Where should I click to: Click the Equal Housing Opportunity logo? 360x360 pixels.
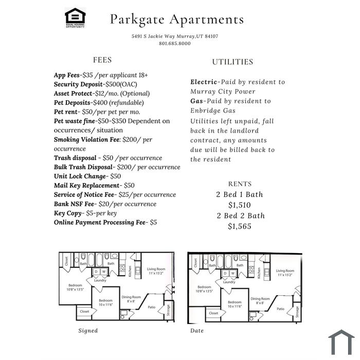[75, 17]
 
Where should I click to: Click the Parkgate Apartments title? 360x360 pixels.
[177, 20]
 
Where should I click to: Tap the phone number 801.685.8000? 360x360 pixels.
[175, 43]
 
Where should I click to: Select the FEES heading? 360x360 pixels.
[102, 60]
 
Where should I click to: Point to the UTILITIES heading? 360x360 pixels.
[232, 62]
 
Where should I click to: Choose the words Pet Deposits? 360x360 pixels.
[72, 103]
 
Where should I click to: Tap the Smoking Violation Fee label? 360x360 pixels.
[86, 139]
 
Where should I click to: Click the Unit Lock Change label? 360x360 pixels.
[80, 176]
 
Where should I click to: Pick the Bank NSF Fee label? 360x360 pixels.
[74, 204]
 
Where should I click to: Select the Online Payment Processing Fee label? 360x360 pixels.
[100, 223]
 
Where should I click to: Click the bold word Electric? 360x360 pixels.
[204, 82]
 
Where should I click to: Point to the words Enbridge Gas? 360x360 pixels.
[213, 111]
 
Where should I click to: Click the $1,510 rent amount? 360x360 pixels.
[240, 205]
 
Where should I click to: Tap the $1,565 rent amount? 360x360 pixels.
[240, 226]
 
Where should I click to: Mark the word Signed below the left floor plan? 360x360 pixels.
[88, 331]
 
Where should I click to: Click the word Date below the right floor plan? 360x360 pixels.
[197, 331]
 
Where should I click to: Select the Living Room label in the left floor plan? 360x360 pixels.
[156, 269]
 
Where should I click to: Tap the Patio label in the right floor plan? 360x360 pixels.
[281, 309]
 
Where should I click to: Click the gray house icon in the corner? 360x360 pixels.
[341, 343]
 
